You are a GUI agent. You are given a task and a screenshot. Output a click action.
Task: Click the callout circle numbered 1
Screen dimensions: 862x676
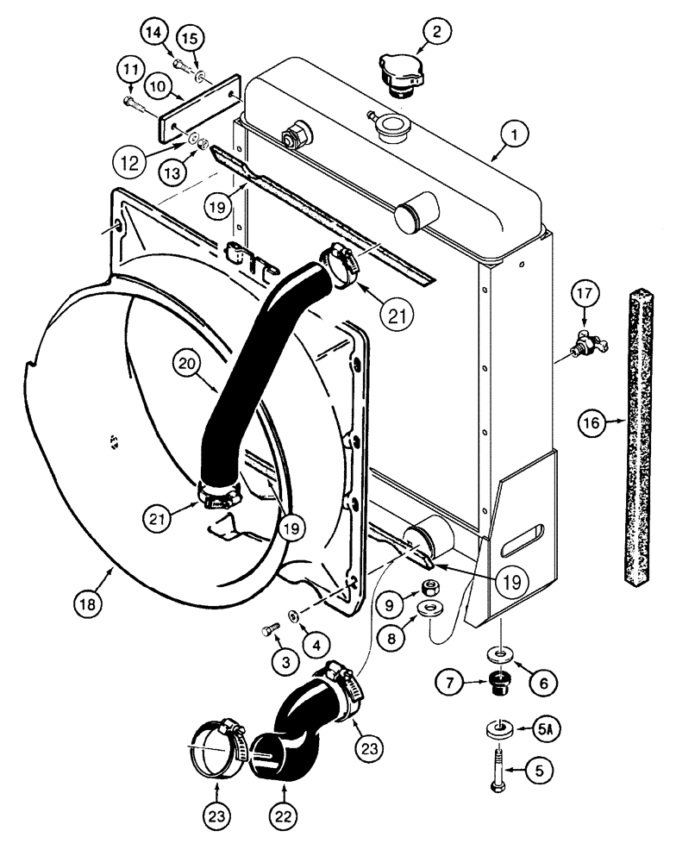pos(516,134)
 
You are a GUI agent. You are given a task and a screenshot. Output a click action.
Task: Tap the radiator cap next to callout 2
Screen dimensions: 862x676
pos(399,74)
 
